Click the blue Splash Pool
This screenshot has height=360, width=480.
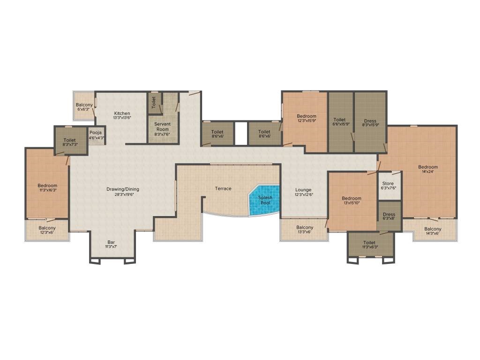coord(264,200)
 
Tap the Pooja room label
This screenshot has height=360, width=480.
coord(96,133)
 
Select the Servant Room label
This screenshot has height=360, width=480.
coord(163,127)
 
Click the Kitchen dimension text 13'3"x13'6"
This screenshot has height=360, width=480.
coord(122,118)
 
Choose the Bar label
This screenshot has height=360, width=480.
coord(111,242)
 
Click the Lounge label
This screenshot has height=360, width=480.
coord(303,190)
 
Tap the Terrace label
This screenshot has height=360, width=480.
coord(223,188)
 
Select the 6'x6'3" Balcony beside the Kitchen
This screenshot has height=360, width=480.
coord(84,106)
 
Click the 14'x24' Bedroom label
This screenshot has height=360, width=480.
coord(428,167)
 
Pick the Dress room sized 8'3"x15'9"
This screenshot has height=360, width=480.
coord(370,122)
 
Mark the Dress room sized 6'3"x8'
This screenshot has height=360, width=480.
coord(389,216)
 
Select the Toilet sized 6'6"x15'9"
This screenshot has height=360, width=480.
coord(341,122)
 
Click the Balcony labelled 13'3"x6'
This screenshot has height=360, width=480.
coord(304,229)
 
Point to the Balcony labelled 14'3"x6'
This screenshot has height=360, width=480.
coord(433,231)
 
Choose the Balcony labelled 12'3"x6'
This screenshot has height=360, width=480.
coord(47,230)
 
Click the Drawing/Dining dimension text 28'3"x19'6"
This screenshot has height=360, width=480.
coord(123,194)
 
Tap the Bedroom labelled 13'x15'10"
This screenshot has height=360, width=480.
coord(352,201)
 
